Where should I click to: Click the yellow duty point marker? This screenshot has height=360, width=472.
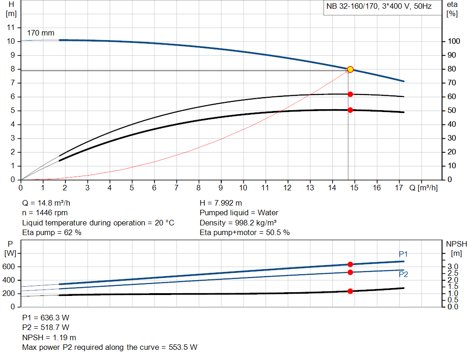pyautogui.click(x=350, y=69)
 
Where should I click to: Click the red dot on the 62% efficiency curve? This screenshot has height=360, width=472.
pyautogui.click(x=350, y=94)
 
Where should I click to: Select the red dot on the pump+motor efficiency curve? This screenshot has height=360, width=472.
pyautogui.click(x=350, y=110)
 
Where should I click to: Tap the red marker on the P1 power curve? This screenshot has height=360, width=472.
pyautogui.click(x=350, y=264)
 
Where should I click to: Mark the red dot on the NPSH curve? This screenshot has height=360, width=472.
pyautogui.click(x=350, y=291)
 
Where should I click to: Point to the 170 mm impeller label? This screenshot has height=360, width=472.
pyautogui.click(x=41, y=33)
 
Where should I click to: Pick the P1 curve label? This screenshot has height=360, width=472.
pyautogui.click(x=403, y=254)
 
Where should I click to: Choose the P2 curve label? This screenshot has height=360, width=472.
pyautogui.click(x=403, y=274)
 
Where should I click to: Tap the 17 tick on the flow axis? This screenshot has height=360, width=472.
pyautogui.click(x=399, y=188)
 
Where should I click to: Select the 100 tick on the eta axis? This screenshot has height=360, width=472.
pyautogui.click(x=454, y=41)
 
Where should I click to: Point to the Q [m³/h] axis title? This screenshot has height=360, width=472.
pyautogui.click(x=424, y=188)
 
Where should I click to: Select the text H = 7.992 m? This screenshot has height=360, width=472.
pyautogui.click(x=221, y=203)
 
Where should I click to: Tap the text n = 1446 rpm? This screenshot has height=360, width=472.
pyautogui.click(x=45, y=213)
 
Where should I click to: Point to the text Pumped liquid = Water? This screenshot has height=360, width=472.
pyautogui.click(x=239, y=213)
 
